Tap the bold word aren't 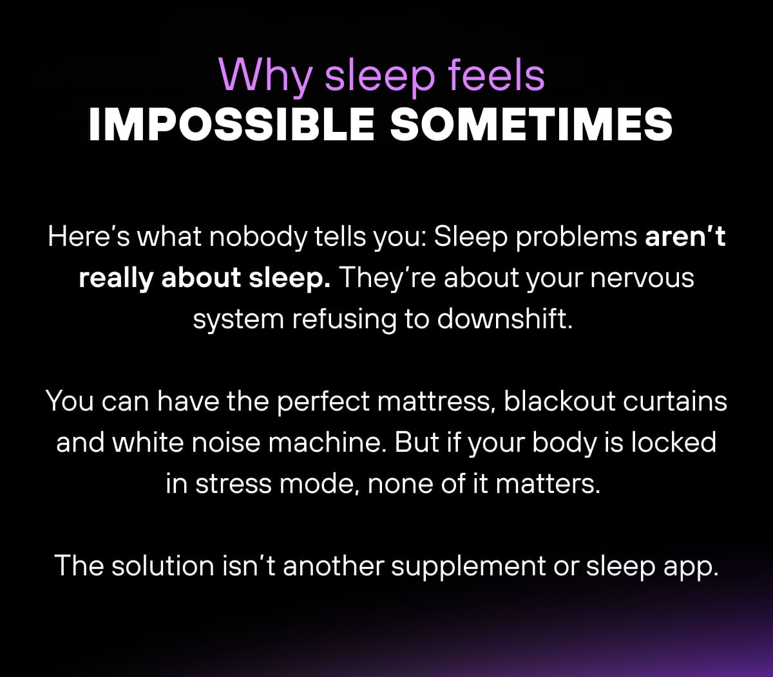(x=685, y=237)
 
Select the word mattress (x=435, y=402)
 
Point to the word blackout (x=558, y=402)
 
